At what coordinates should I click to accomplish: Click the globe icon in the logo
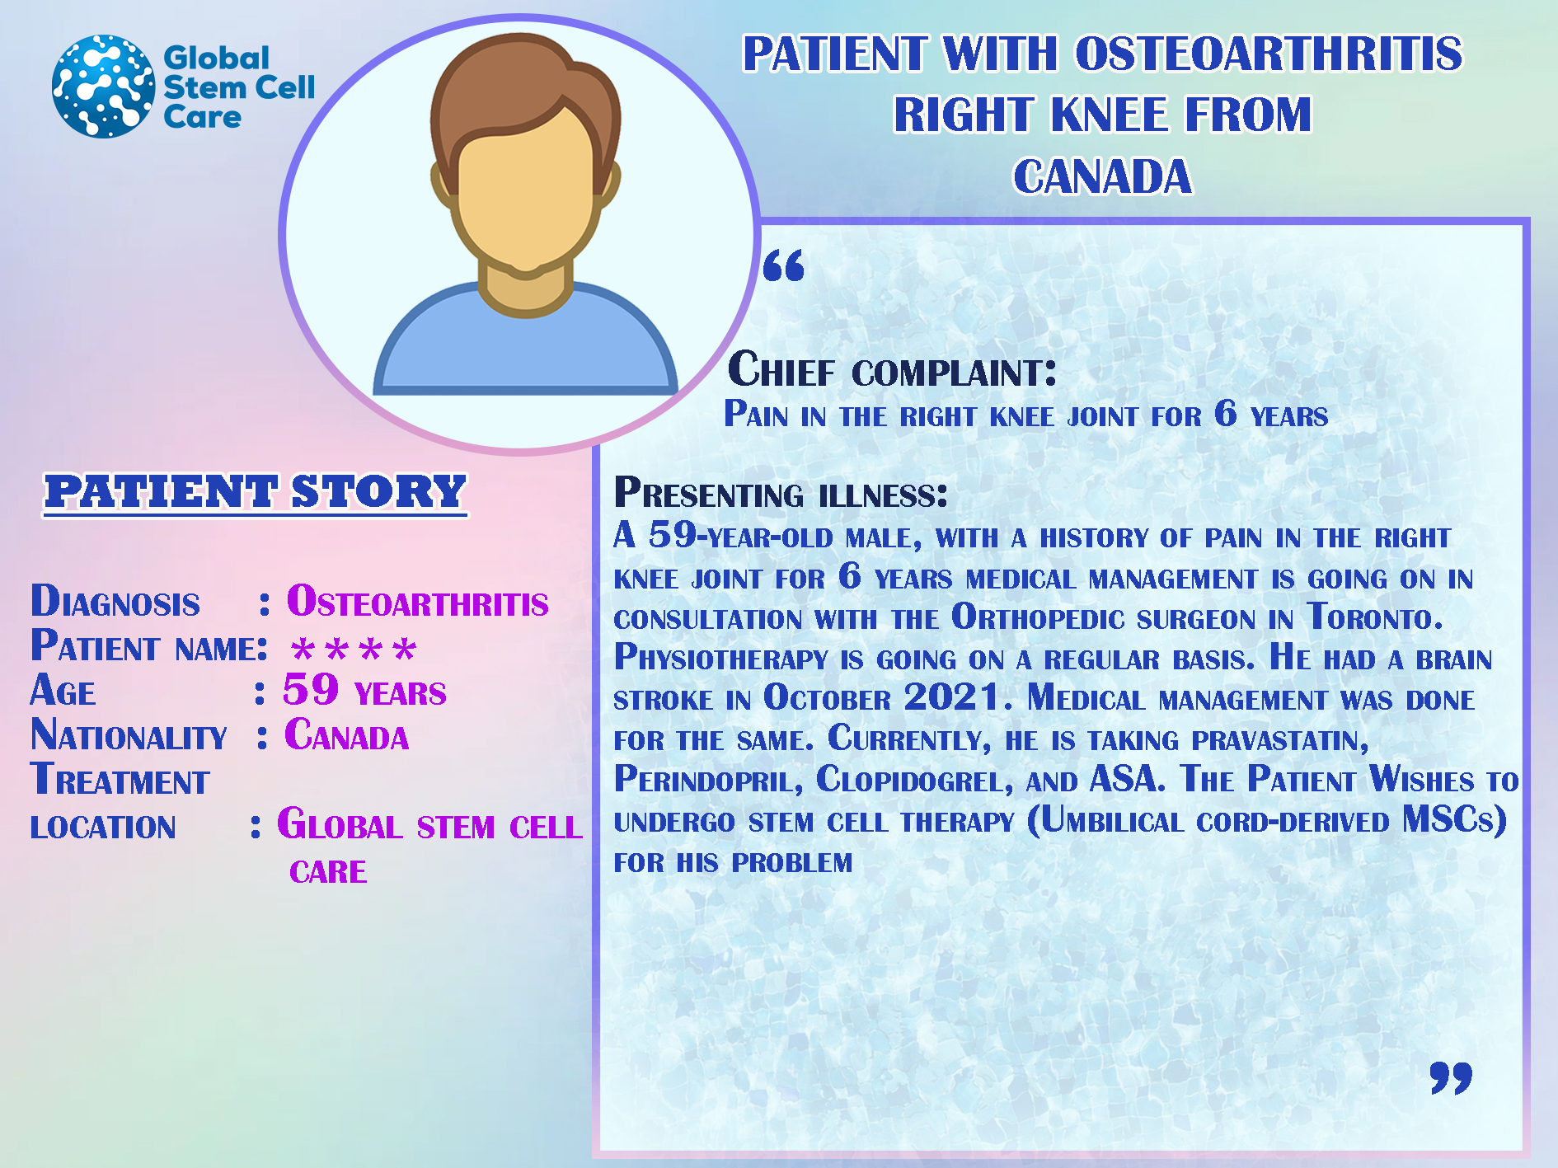click(103, 86)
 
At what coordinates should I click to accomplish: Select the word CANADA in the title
click(1102, 176)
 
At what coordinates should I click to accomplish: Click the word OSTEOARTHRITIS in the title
click(1269, 54)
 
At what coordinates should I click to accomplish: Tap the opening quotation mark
click(783, 265)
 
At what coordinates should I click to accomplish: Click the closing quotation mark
click(1451, 1077)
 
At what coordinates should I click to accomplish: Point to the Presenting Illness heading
click(781, 493)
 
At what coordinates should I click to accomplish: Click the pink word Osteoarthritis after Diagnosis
click(417, 601)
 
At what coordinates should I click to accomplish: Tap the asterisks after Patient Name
click(354, 650)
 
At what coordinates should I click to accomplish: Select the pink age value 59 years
click(364, 690)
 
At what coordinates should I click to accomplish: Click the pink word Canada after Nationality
click(346, 734)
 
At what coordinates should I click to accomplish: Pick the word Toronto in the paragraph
click(1375, 617)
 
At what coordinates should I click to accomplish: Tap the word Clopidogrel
click(914, 779)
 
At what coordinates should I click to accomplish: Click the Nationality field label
click(129, 734)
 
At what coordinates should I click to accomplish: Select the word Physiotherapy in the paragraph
click(721, 658)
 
